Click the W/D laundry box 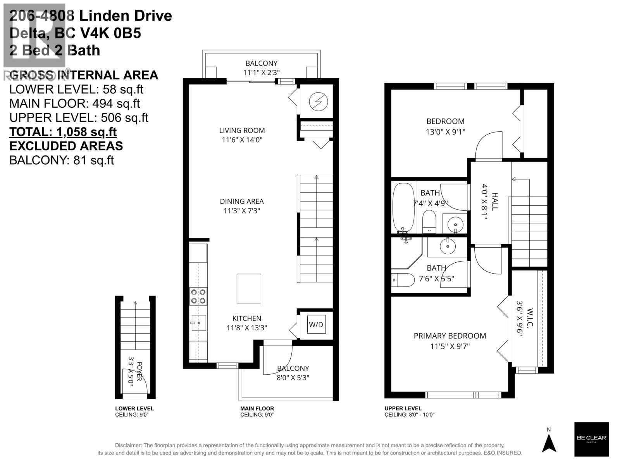pyautogui.click(x=316, y=324)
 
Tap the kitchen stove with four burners pyautogui.click(x=198, y=296)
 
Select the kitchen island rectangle pyautogui.click(x=249, y=289)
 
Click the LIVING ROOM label pyautogui.click(x=242, y=131)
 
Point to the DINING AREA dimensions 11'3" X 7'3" pyautogui.click(x=242, y=211)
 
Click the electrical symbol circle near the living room pyautogui.click(x=318, y=102)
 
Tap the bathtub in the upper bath pyautogui.click(x=403, y=207)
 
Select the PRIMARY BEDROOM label pyautogui.click(x=449, y=336)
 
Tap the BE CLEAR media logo pyautogui.click(x=591, y=439)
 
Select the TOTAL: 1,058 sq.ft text pyautogui.click(x=63, y=132)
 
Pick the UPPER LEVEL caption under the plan pyautogui.click(x=403, y=408)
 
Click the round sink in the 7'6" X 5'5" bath pyautogui.click(x=448, y=246)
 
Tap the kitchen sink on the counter pyautogui.click(x=198, y=322)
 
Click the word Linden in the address pyautogui.click(x=101, y=16)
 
